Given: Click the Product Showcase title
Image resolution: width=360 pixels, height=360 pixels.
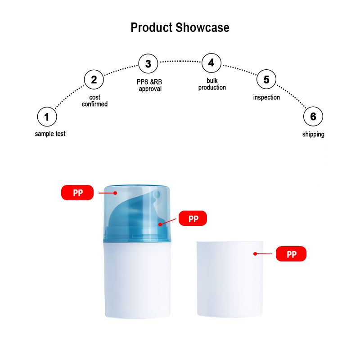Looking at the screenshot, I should point(180,27).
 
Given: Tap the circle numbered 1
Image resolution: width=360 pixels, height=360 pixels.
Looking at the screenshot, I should point(47,117).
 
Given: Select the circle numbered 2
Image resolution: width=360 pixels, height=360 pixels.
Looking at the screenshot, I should point(94,80).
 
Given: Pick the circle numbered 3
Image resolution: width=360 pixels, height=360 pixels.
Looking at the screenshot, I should point(148,63).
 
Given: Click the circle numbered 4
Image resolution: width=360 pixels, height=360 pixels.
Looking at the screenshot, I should point(211,63).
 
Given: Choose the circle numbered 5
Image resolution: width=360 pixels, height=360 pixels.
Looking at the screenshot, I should point(266,80).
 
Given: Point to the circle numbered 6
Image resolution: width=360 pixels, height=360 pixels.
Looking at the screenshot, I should point(313,117).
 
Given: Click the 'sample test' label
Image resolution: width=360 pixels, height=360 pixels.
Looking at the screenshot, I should point(50,134).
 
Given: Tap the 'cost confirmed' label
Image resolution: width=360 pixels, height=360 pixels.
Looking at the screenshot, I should point(94,101).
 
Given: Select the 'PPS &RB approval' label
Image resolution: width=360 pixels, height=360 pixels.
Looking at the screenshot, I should point(149,85).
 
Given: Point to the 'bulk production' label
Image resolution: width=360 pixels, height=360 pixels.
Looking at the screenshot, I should point(212,84).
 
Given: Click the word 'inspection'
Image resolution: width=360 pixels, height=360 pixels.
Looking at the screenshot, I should point(266,97).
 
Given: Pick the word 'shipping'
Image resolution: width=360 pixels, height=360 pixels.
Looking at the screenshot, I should point(313,134).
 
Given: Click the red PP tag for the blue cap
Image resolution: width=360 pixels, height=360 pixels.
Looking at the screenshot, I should point(77,193).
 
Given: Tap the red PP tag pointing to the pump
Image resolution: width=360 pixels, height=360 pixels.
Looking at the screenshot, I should point(193,219).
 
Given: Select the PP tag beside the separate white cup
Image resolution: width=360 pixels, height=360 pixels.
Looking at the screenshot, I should point(291,254).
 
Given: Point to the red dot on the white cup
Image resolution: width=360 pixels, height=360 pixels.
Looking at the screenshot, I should point(255,254).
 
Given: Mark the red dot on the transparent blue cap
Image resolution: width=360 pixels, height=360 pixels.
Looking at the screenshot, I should point(115,193).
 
